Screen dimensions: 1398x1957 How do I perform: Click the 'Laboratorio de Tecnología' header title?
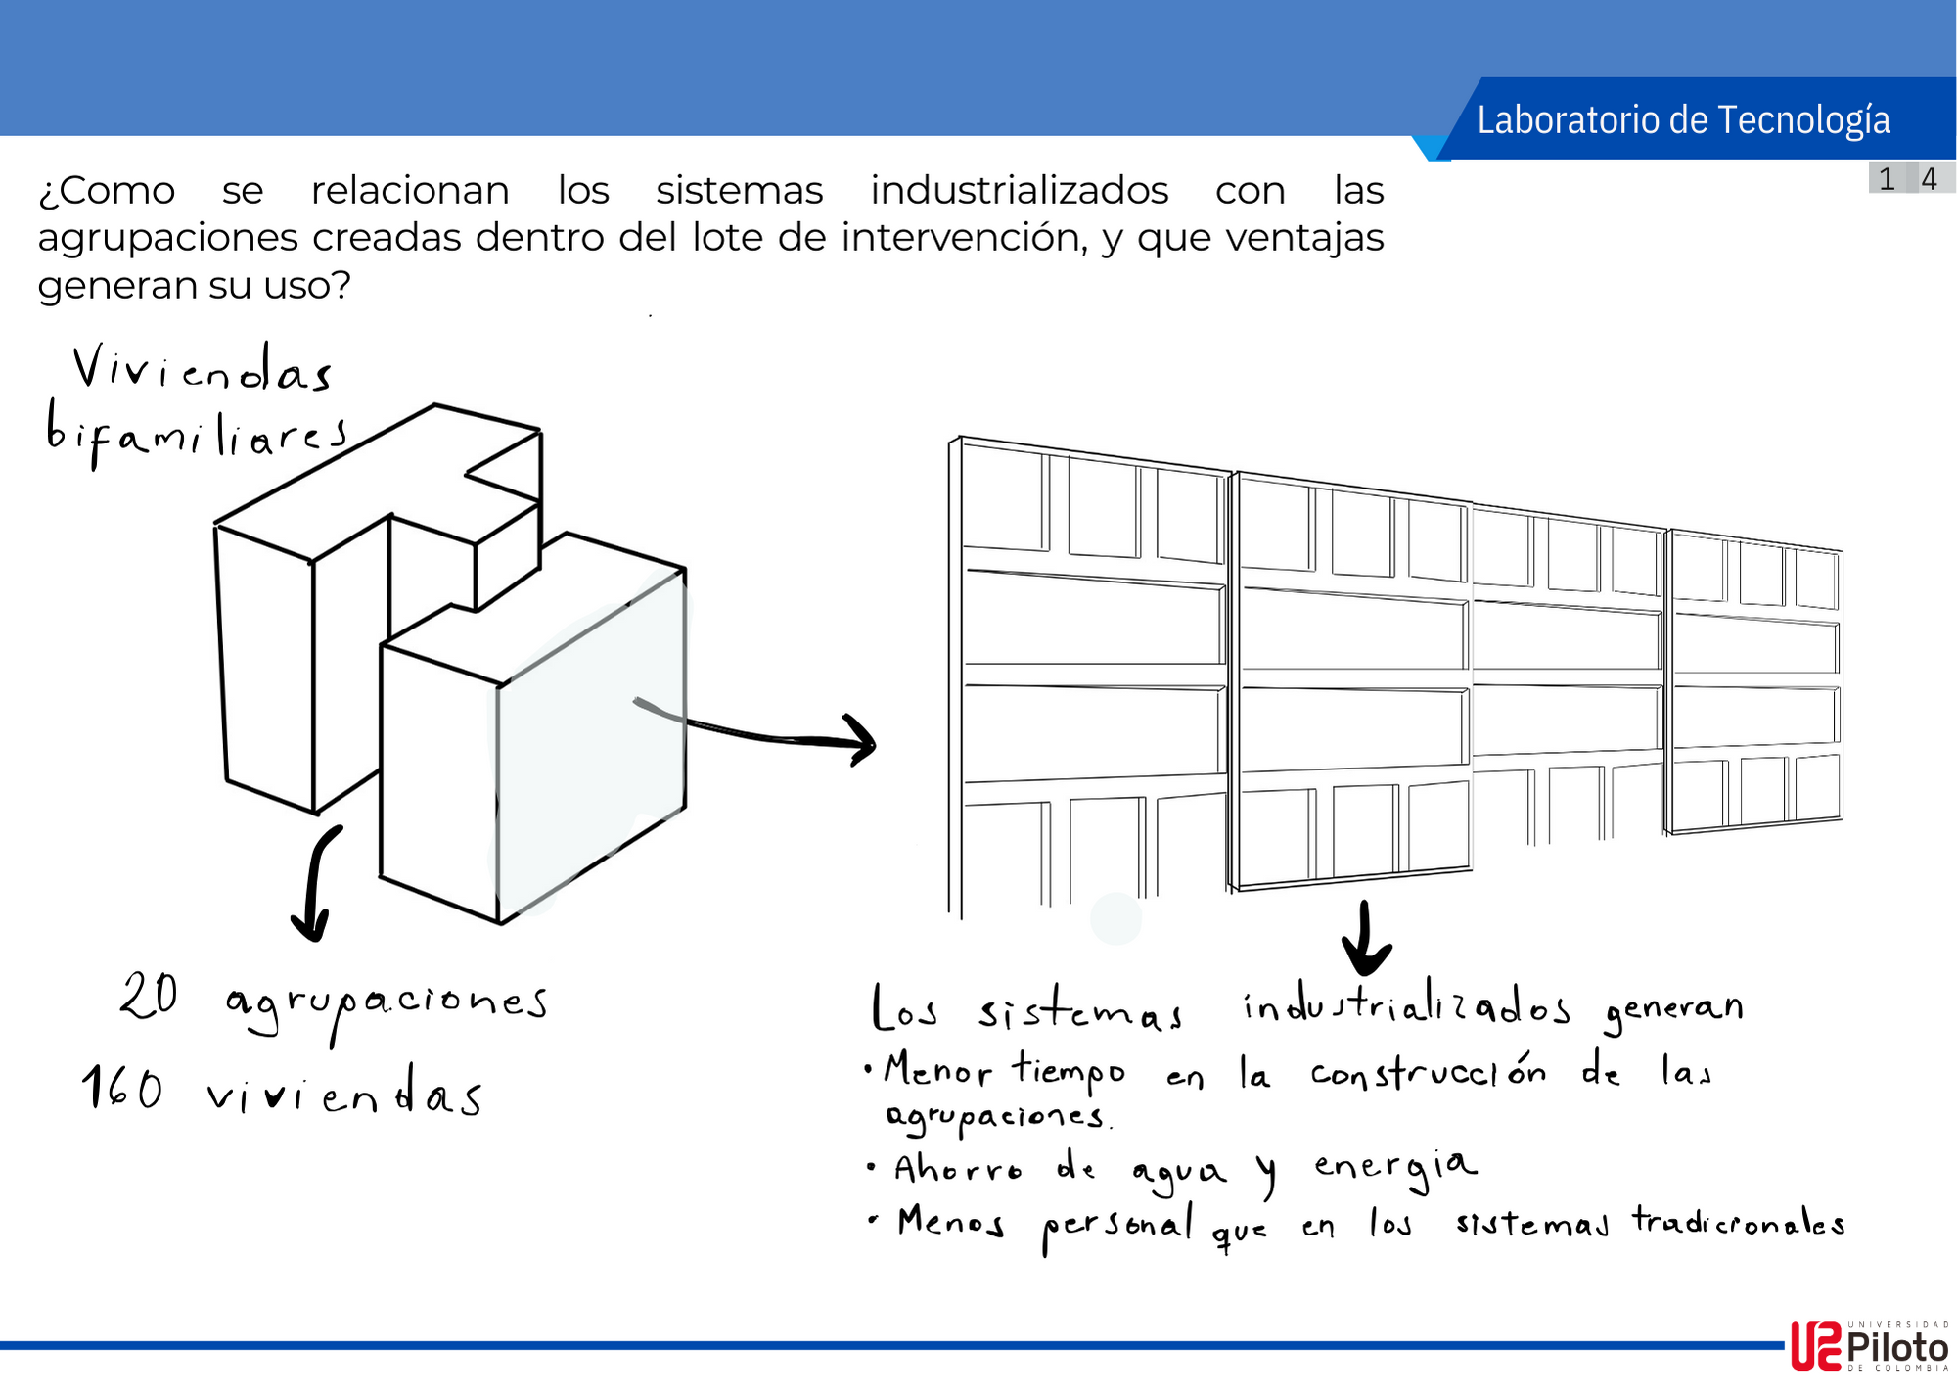1683,119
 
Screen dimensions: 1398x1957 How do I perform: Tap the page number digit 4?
1929,179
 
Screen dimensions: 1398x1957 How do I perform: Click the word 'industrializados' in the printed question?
1020,190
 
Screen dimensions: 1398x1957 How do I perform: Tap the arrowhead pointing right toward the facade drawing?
861,742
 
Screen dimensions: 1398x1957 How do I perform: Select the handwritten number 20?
149,997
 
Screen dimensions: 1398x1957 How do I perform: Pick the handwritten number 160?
122,1089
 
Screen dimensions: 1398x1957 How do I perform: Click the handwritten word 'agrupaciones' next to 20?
387,1003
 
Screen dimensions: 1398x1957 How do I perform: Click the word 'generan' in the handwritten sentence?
1674,1009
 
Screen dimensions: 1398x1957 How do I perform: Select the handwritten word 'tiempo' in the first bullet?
1069,1071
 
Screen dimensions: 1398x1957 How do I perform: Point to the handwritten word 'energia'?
1394,1167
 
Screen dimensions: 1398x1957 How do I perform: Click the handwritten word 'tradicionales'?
1738,1223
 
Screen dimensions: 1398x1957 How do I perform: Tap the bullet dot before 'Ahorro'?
871,1167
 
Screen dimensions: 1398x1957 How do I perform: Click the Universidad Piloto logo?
1869,1346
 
